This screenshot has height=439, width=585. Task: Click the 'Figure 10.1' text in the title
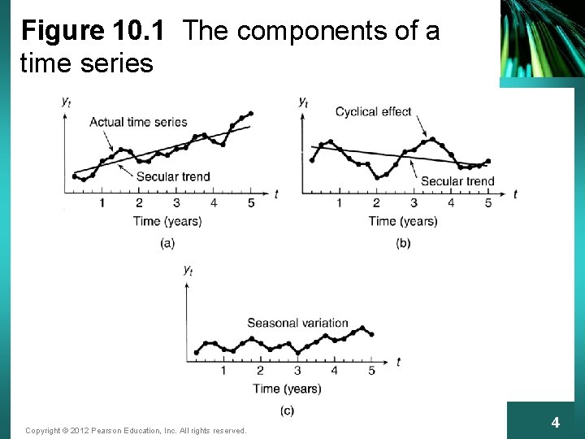(x=93, y=32)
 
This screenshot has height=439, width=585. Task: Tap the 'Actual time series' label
(x=138, y=122)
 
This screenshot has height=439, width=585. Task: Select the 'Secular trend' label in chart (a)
(x=173, y=176)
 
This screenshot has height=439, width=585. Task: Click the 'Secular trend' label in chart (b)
(x=457, y=181)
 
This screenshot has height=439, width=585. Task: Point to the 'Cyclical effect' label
(x=374, y=111)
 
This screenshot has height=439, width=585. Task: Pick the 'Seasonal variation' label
(x=297, y=323)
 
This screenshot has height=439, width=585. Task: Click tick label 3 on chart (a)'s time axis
(x=176, y=203)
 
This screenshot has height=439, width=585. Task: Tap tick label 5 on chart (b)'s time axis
(x=488, y=203)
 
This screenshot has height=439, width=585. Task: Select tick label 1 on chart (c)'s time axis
(x=223, y=371)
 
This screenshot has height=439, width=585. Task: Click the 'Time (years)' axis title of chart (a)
(x=167, y=221)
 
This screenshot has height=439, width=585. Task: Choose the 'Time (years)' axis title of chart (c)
(x=287, y=389)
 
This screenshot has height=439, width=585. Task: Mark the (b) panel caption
(x=403, y=242)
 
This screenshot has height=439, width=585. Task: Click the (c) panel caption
(x=287, y=411)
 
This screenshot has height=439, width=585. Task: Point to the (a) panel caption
(x=167, y=242)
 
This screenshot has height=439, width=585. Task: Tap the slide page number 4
(x=555, y=423)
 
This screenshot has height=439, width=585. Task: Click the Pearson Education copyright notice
(x=136, y=430)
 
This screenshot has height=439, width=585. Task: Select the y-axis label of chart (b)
(x=302, y=102)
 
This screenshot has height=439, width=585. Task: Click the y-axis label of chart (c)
(x=188, y=269)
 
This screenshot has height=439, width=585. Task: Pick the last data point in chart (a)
(x=250, y=114)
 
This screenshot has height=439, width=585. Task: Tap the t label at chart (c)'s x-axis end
(x=398, y=362)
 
